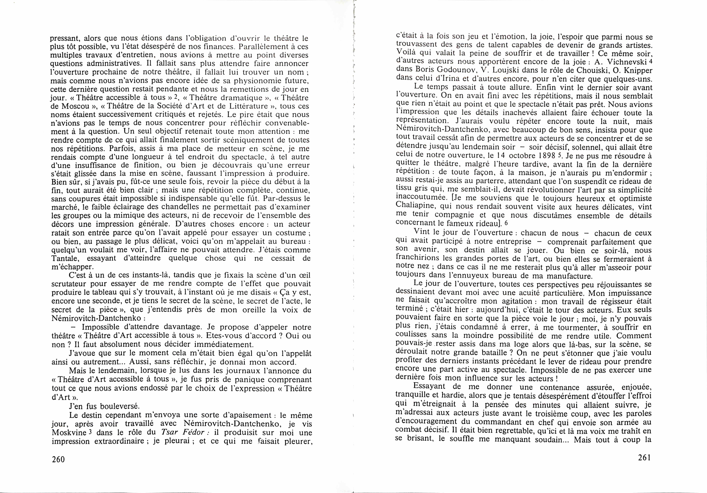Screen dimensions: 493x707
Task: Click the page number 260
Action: coord(58,459)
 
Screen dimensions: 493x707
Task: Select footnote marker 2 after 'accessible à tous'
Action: coord(176,97)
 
